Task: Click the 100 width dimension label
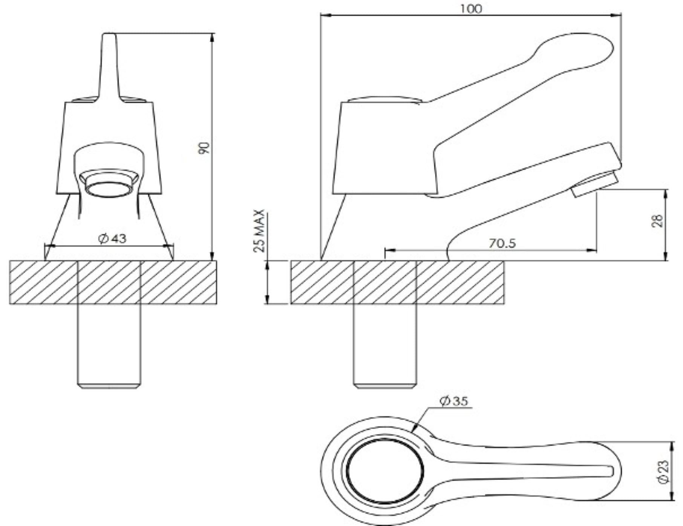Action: (x=471, y=8)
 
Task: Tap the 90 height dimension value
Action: (x=204, y=148)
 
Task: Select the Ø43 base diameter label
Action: (x=112, y=238)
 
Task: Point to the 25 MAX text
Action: (x=260, y=230)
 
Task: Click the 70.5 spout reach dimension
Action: (x=502, y=243)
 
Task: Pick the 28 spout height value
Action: (x=657, y=221)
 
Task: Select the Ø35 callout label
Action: (x=454, y=401)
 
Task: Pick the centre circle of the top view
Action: (x=384, y=471)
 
